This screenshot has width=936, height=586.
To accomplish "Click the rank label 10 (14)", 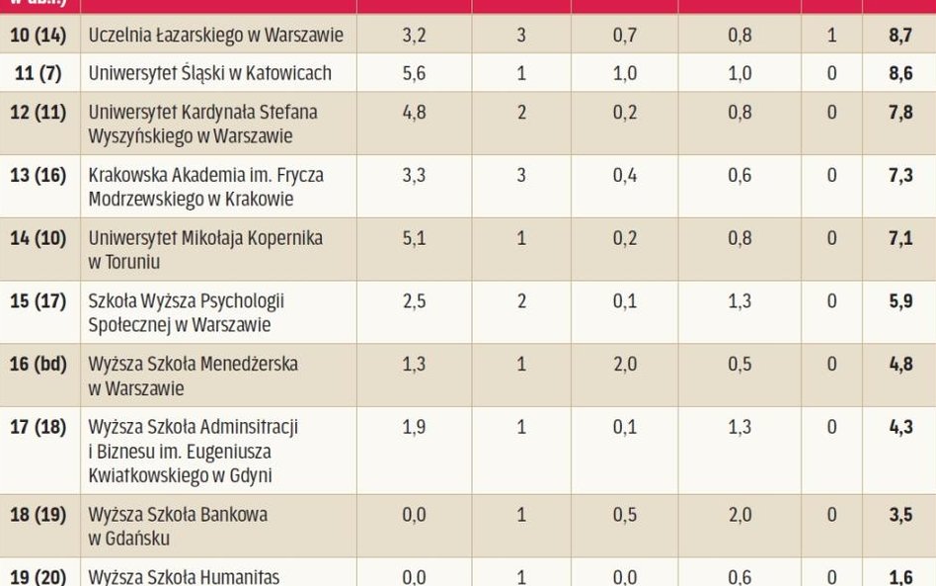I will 38,36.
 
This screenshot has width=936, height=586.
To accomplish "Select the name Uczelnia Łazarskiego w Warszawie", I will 216,36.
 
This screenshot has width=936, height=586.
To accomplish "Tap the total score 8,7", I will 900,36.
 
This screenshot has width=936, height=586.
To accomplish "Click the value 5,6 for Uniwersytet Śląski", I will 415,73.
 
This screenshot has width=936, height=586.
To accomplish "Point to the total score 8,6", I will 900,73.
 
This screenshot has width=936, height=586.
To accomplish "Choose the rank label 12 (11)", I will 38,113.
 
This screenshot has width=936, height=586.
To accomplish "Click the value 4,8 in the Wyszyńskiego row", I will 415,113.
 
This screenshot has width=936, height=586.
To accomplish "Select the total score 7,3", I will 900,175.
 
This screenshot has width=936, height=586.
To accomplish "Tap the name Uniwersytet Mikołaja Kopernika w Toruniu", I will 205,250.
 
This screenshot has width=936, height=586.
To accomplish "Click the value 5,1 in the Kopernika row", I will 415,238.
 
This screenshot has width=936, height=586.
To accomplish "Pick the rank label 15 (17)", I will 38,301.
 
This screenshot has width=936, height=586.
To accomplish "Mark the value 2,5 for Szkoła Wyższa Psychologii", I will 415,301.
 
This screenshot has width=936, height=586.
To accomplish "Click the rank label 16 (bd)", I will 38,365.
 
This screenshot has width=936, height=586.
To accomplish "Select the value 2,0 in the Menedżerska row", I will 625,365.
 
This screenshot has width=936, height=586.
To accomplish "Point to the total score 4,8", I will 900,365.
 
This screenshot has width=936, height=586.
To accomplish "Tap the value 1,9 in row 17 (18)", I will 415,428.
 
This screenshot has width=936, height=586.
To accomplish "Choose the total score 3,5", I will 900,515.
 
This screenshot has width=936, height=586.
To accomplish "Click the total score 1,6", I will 900,577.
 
